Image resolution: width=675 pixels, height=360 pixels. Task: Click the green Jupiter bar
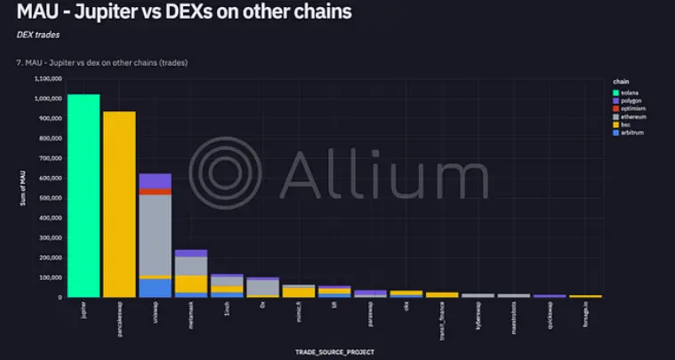coord(84,196)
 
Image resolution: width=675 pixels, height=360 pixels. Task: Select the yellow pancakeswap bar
coord(119,204)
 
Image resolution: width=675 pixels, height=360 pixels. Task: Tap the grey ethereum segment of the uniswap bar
coord(156,233)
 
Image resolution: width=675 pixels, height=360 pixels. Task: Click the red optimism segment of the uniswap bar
coord(156,191)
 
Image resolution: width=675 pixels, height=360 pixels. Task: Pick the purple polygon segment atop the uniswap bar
coord(156,180)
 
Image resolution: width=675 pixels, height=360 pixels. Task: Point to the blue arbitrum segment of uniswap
coord(156,288)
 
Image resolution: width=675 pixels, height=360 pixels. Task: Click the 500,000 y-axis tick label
coord(48,197)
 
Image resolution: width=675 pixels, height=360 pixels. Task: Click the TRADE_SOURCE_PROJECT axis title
coord(334,352)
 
